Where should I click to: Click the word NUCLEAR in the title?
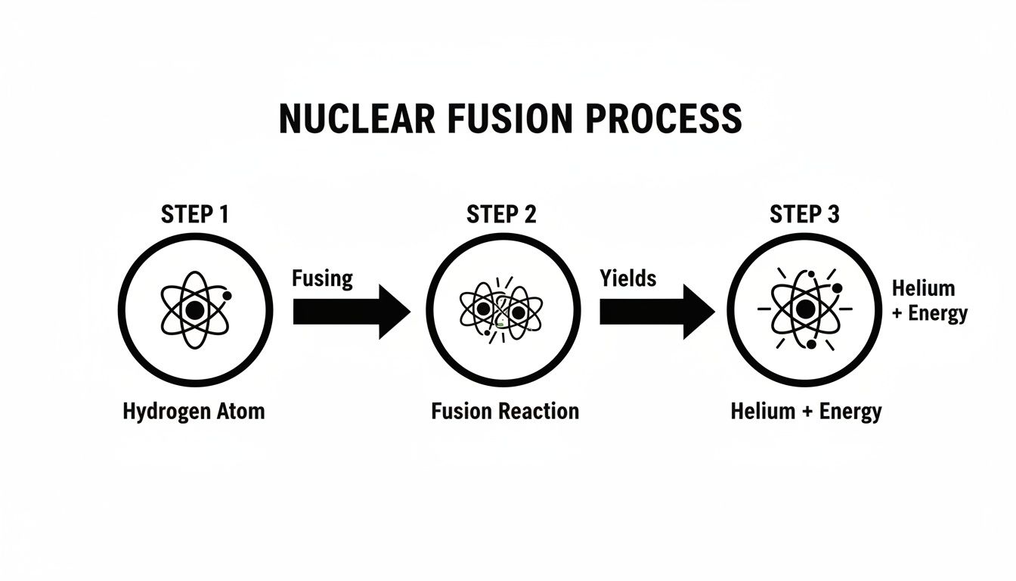(x=357, y=119)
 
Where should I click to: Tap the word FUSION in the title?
(x=510, y=119)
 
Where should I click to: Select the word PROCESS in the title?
(x=664, y=119)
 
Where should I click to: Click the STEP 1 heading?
(x=195, y=214)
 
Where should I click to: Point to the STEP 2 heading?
(x=501, y=214)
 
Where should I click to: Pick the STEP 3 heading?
(x=804, y=214)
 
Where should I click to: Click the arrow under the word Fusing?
(x=352, y=312)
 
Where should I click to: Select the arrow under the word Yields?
(x=658, y=312)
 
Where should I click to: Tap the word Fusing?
(x=323, y=278)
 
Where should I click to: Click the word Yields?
(x=628, y=278)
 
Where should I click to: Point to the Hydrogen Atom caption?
(x=194, y=412)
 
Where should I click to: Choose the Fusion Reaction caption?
(x=505, y=412)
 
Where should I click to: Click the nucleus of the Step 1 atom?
(x=195, y=310)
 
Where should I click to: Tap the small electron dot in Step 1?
(x=228, y=296)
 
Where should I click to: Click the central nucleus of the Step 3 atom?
(x=805, y=309)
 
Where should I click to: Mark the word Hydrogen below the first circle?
(x=166, y=412)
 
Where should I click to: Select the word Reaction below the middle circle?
(x=539, y=412)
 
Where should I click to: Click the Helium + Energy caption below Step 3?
(x=807, y=412)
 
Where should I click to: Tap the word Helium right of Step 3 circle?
(x=924, y=288)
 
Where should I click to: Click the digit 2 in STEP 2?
(x=530, y=214)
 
